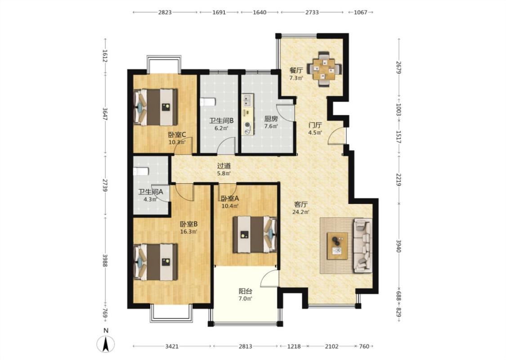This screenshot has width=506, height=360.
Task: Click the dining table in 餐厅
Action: point(324,69)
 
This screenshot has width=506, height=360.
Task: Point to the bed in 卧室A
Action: point(255,234)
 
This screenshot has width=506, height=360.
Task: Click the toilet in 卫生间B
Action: point(207,102)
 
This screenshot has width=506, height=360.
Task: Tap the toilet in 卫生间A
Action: point(141,171)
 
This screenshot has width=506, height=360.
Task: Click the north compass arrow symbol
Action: point(106,344)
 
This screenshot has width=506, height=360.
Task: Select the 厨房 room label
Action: point(271,118)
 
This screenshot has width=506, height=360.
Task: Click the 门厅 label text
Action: point(315,125)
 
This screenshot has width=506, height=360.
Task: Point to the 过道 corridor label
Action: point(224,166)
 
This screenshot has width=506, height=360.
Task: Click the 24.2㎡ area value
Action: point(301,212)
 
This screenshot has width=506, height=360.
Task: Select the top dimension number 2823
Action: point(165,12)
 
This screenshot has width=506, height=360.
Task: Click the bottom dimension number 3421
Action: point(172,346)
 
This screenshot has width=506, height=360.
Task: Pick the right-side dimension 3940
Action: point(399,246)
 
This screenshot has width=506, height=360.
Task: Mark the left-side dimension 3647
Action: point(105,114)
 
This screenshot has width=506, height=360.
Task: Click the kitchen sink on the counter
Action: point(247,100)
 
